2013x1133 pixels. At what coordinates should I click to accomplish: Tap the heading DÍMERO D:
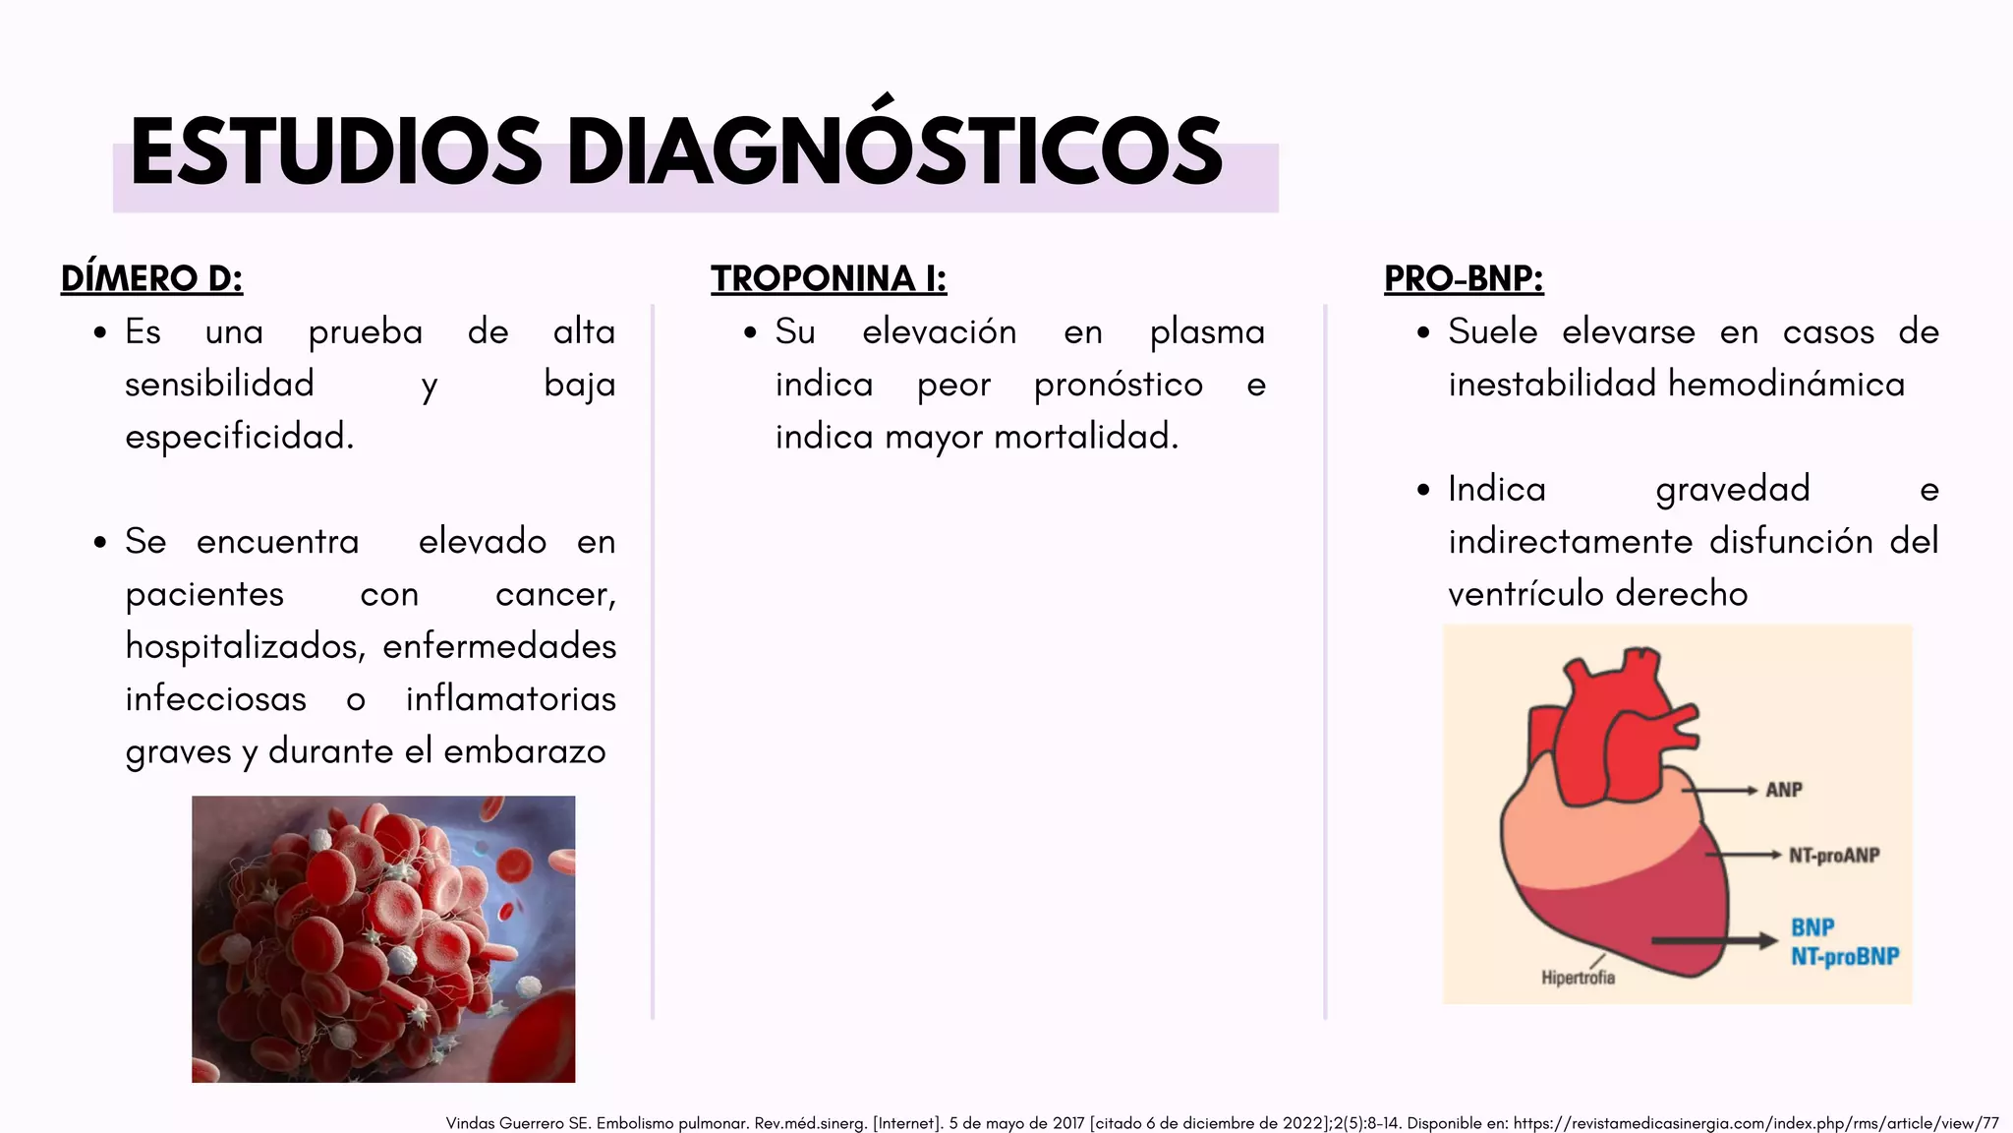tap(151, 279)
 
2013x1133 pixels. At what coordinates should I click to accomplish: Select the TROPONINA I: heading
tap(829, 279)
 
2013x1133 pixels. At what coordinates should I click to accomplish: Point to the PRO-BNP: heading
tap(1464, 279)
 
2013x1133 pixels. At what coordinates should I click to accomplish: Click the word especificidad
tap(239, 437)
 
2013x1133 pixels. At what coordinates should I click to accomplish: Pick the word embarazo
tap(524, 751)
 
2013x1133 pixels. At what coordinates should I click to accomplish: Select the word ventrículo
tap(1525, 594)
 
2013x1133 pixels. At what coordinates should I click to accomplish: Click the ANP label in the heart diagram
tap(1783, 790)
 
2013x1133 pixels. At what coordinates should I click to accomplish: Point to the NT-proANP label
tap(1834, 856)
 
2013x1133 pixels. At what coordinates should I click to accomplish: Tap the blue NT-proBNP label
tap(1844, 956)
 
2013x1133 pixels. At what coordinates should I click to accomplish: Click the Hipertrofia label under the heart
tap(1578, 978)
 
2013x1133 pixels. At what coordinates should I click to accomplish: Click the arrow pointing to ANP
tap(1720, 790)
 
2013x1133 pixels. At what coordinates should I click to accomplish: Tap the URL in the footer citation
tap(1755, 1123)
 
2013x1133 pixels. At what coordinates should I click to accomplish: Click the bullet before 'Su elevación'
tap(751, 332)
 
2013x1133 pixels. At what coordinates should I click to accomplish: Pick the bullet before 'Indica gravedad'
tap(1424, 490)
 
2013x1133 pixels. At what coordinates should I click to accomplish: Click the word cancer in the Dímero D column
tap(553, 594)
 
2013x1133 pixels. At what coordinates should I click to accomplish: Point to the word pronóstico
tap(1119, 385)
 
